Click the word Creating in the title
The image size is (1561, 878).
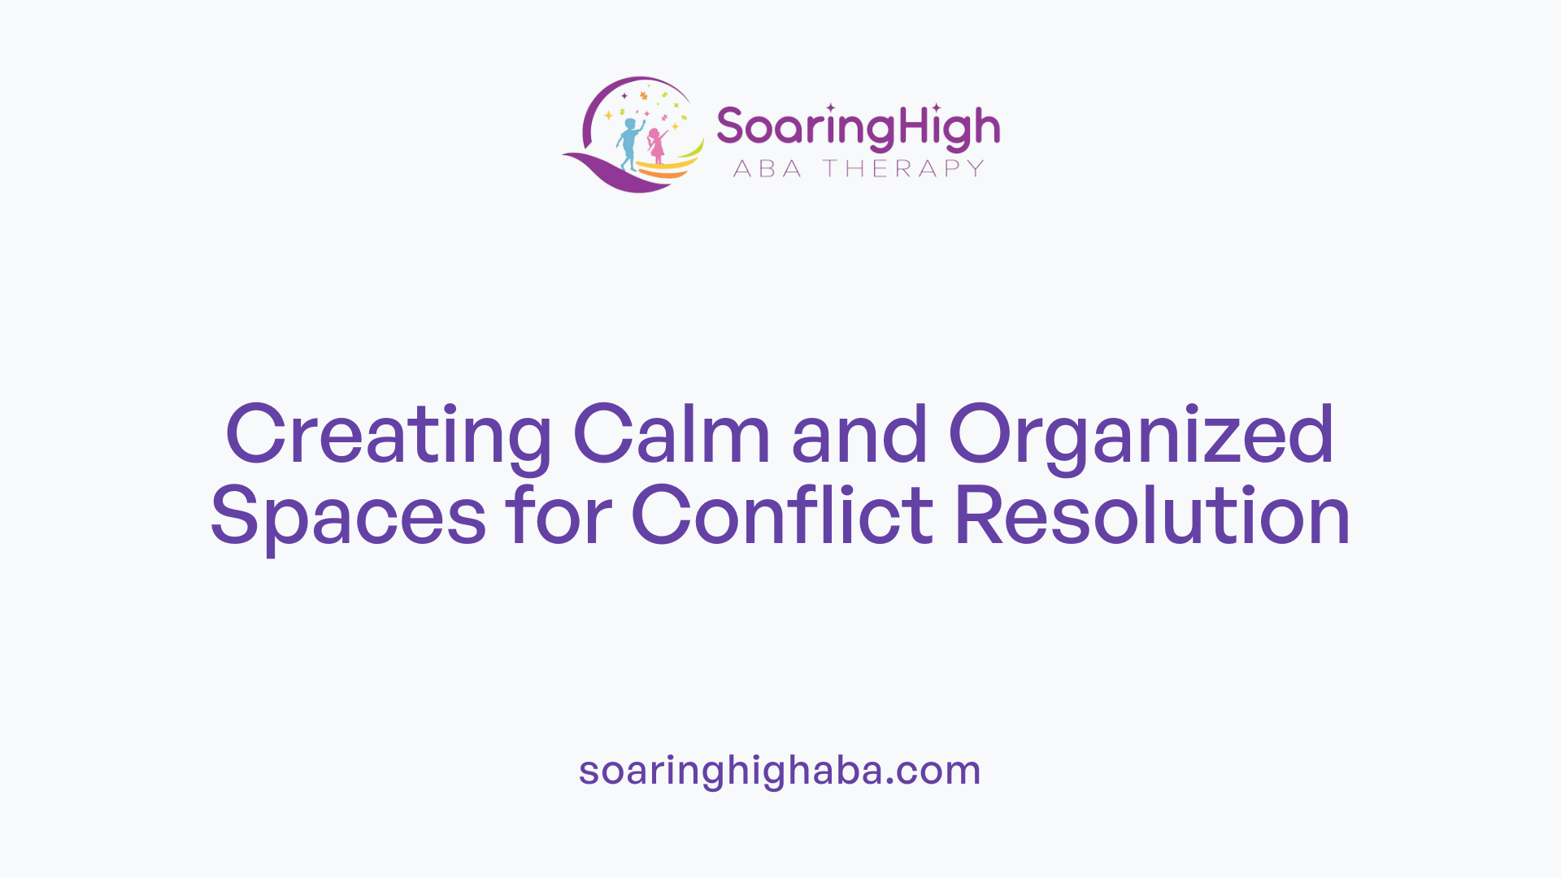click(388, 435)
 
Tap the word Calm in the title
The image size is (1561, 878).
click(672, 435)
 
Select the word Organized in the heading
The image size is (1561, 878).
click(1141, 435)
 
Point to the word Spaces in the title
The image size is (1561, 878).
click(348, 516)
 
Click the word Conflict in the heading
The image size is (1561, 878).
click(782, 516)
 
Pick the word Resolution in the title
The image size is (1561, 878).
click(1152, 516)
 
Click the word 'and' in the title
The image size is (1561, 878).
click(859, 435)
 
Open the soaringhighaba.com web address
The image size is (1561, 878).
click(780, 770)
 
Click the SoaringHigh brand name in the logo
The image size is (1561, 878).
click(858, 128)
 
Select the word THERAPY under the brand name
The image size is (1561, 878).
click(903, 168)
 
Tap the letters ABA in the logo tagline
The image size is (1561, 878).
click(767, 168)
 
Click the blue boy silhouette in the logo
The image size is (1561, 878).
click(628, 143)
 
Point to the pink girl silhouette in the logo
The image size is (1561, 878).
click(656, 146)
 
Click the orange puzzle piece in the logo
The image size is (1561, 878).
click(643, 96)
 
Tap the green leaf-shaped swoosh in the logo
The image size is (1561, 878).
click(691, 151)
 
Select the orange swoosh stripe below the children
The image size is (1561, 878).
click(667, 173)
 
